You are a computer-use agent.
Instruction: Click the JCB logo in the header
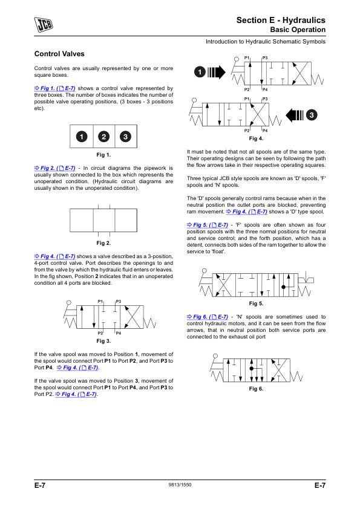click(44, 25)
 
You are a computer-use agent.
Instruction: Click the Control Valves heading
click(59, 54)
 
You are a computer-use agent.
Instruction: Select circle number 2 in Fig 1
click(103, 137)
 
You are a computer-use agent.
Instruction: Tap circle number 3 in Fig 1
click(125, 137)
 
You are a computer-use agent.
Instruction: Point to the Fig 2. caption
click(103, 243)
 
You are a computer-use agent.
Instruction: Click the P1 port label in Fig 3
click(100, 302)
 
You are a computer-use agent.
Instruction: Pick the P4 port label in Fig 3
click(118, 333)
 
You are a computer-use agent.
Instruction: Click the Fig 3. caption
click(103, 341)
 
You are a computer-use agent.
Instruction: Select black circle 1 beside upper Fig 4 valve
click(200, 72)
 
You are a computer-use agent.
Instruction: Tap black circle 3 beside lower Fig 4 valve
click(312, 115)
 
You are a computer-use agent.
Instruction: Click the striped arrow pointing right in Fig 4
click(217, 72)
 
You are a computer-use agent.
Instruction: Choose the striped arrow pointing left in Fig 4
click(295, 115)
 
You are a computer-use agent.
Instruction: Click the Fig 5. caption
click(256, 304)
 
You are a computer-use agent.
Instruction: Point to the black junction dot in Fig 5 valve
click(283, 287)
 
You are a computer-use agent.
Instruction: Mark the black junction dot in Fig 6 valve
click(252, 369)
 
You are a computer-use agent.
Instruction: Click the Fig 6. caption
click(256, 389)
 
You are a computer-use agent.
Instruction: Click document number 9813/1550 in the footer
click(180, 485)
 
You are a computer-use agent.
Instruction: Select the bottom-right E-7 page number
click(319, 485)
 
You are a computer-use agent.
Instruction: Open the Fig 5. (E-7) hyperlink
click(208, 225)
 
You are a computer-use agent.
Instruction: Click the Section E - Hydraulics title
click(281, 20)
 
